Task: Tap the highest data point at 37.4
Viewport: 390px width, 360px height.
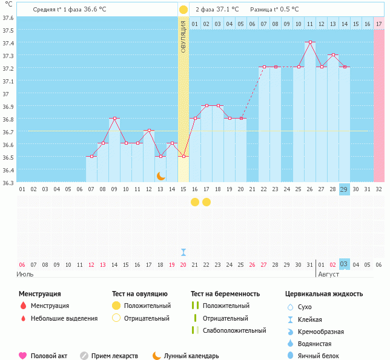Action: (x=310, y=42)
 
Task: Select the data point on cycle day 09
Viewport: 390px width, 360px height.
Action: (x=114, y=119)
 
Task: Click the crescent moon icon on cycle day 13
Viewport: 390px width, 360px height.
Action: (x=160, y=175)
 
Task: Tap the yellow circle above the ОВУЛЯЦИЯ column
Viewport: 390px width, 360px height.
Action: (x=183, y=10)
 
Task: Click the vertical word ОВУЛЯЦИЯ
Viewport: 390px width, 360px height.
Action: (x=183, y=36)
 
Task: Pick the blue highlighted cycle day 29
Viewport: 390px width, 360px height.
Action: (x=345, y=189)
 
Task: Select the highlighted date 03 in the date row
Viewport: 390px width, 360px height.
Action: (x=345, y=264)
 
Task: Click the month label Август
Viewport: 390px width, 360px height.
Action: (x=329, y=274)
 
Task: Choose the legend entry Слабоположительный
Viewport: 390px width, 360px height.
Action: (x=234, y=330)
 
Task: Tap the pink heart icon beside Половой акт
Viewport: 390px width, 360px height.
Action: (x=22, y=356)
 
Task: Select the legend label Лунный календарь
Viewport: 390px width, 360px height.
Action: (x=191, y=356)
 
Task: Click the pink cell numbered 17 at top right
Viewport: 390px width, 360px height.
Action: (x=379, y=24)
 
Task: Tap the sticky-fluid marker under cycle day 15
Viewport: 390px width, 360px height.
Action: (x=183, y=252)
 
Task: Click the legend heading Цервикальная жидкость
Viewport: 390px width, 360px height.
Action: (x=324, y=294)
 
